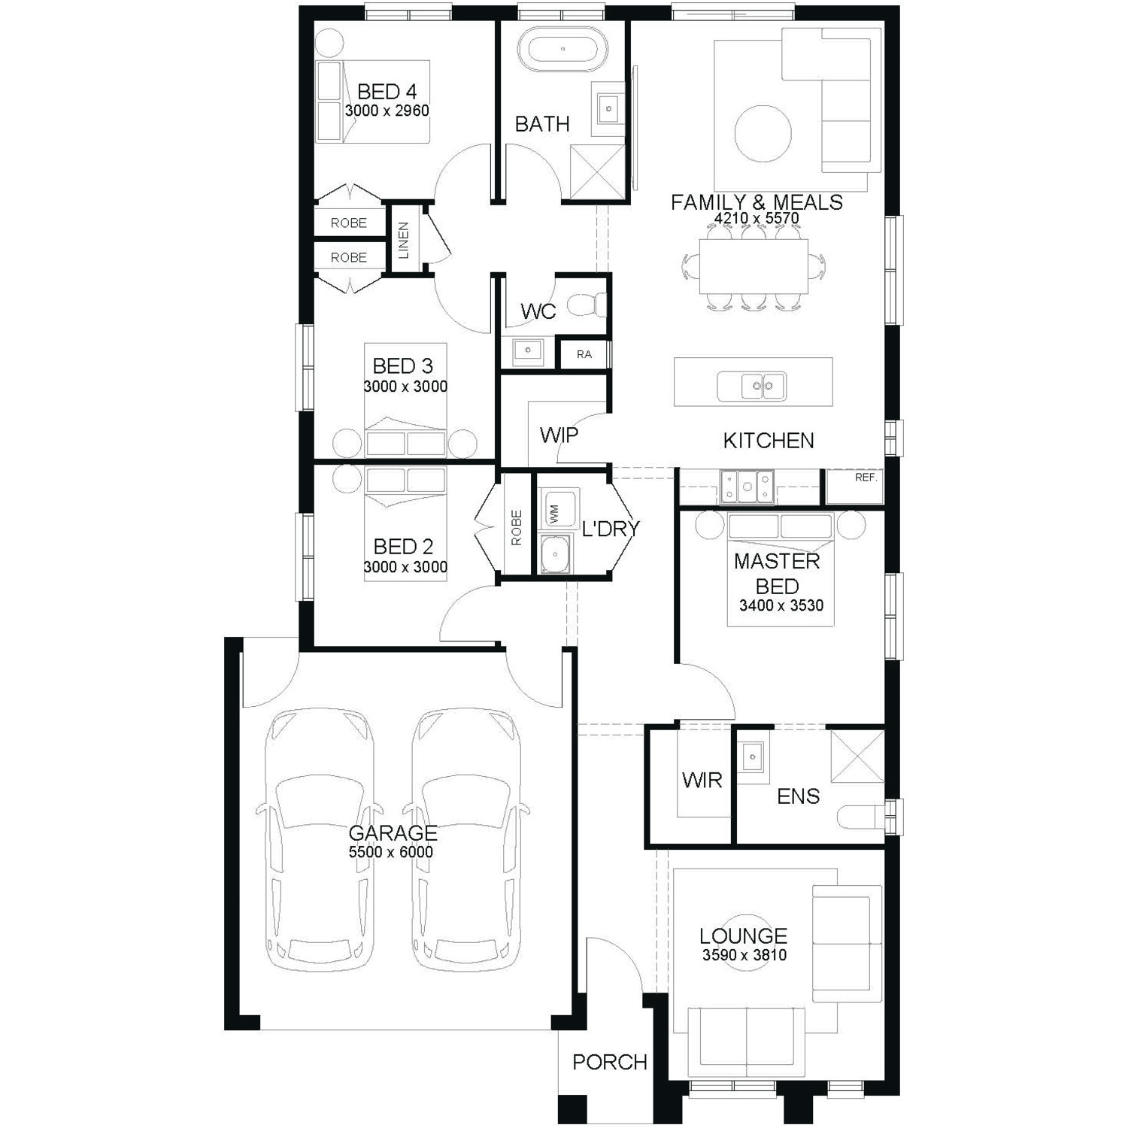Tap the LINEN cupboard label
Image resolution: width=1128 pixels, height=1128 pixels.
tap(404, 240)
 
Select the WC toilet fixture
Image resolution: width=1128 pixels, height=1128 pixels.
tap(587, 305)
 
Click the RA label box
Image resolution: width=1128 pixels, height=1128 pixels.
tap(584, 354)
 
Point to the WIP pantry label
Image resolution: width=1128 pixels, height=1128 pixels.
tap(559, 435)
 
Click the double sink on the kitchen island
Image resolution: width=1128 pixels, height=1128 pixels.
tap(752, 387)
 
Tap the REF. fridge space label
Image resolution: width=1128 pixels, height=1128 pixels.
tap(866, 478)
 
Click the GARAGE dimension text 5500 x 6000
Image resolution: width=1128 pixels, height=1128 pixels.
tap(391, 852)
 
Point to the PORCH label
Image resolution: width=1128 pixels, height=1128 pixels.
tap(610, 1062)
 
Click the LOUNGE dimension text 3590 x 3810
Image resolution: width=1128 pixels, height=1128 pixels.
tap(744, 955)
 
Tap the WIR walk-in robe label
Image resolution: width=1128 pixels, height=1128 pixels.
tap(702, 780)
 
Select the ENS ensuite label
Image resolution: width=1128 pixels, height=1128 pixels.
tap(798, 796)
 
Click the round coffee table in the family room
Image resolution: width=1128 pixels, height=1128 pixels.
tap(763, 135)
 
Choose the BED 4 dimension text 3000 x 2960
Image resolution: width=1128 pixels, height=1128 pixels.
tap(387, 111)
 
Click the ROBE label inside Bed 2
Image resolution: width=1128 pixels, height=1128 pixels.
tap(516, 528)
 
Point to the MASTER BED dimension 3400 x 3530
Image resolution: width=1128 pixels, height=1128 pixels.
tap(781, 605)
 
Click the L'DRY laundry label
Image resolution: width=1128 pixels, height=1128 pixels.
tap(610, 529)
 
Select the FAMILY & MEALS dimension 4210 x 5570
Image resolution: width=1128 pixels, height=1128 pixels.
tap(757, 218)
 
